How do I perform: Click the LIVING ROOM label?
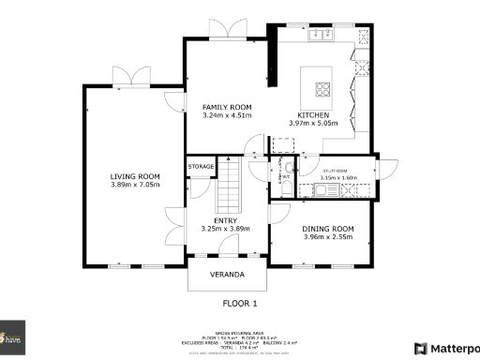click(135, 176)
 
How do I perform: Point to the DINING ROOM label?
click(327, 229)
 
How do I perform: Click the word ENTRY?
click(225, 220)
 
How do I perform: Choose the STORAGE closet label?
click(202, 167)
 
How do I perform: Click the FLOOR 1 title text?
click(239, 304)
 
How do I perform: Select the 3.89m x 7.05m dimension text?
click(135, 185)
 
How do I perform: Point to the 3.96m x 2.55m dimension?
click(327, 237)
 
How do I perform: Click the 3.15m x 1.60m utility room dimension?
click(339, 177)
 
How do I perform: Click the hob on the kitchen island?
click(324, 90)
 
